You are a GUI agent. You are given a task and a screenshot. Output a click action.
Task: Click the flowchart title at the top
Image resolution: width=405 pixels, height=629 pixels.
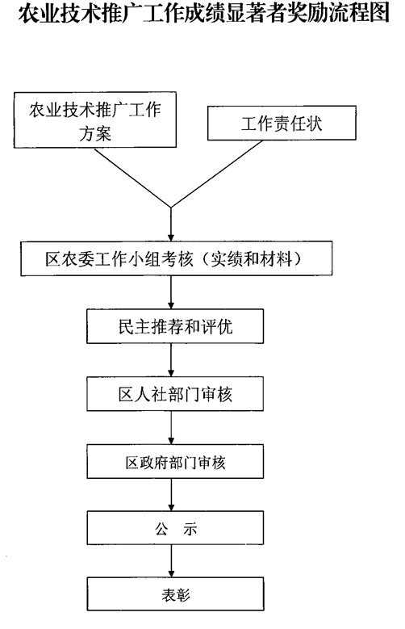(x=203, y=12)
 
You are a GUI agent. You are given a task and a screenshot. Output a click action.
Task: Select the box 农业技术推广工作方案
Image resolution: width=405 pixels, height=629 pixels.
(x=95, y=120)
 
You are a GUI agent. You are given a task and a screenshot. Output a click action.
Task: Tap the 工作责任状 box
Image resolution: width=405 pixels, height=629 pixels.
(x=282, y=124)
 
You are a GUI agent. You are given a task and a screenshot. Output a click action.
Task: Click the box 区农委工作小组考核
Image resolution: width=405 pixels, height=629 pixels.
(x=177, y=258)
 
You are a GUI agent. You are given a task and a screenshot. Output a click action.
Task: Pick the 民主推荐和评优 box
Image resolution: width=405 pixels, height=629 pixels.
(x=175, y=326)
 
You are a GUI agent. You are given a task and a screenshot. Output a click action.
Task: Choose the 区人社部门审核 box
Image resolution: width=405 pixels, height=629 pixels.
(x=175, y=394)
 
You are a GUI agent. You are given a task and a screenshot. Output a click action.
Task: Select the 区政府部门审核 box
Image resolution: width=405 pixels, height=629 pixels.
(x=175, y=461)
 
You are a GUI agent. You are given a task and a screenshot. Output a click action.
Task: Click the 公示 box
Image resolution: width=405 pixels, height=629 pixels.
(x=175, y=528)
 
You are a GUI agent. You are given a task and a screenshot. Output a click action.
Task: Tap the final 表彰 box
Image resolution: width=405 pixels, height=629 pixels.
(x=175, y=594)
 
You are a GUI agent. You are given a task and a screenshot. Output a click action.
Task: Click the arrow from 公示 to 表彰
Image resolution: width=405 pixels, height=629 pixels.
(x=171, y=561)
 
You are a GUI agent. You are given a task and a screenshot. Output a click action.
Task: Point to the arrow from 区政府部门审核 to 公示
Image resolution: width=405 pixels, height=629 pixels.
(x=171, y=495)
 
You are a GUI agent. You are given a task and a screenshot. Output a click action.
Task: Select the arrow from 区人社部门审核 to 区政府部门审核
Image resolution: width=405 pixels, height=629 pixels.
(x=171, y=428)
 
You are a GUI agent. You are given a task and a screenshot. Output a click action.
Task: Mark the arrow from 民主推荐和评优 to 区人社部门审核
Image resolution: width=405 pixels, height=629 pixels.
(x=171, y=360)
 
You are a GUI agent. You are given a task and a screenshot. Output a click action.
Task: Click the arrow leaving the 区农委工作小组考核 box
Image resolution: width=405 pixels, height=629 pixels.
(x=171, y=292)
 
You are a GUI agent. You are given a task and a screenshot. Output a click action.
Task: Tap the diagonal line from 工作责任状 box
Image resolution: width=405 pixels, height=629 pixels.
(x=217, y=174)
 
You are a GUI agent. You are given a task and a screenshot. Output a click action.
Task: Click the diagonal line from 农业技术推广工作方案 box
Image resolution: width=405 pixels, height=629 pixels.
(x=133, y=178)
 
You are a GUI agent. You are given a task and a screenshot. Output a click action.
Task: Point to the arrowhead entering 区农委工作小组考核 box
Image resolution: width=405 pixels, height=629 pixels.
(x=171, y=237)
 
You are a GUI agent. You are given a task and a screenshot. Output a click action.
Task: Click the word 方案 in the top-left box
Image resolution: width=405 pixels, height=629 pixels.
(x=95, y=133)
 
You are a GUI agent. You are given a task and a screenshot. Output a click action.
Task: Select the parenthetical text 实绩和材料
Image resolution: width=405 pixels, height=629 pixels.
(x=251, y=259)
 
